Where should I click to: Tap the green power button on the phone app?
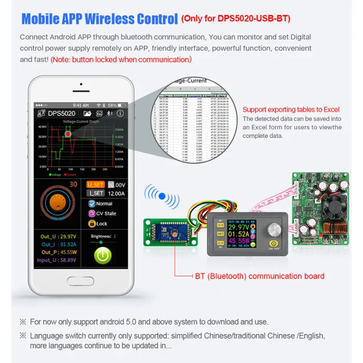[103, 256]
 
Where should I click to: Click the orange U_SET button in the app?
[96, 185]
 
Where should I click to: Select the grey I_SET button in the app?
[96, 193]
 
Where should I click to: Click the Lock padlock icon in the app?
[91, 224]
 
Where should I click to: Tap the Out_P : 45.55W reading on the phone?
[55, 253]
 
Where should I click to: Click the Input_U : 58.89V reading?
[56, 260]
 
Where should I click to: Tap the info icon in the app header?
[120, 113]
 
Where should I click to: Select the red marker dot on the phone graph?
[68, 134]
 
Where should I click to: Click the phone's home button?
[81, 281]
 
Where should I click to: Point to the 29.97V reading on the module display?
[239, 227]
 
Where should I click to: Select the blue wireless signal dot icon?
[162, 196]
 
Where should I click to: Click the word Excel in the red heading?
[329, 109]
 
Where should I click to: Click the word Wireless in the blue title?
[106, 19]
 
